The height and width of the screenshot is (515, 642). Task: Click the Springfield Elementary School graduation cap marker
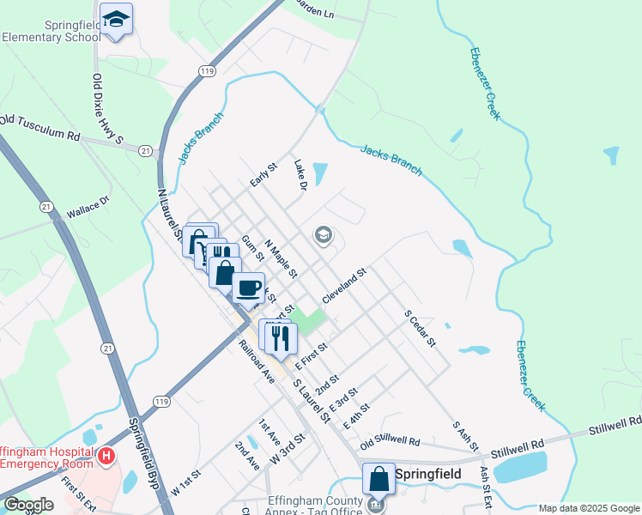116,19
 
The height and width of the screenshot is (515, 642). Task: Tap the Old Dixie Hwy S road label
108,109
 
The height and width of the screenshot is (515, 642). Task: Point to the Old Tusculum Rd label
39,128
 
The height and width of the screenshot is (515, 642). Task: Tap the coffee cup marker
248,288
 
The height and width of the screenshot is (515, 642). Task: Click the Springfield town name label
428,474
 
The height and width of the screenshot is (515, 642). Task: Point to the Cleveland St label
345,285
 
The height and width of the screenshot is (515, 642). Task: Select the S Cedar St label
421,329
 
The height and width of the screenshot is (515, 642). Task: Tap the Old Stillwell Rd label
390,442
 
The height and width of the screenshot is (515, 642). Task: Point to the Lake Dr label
300,175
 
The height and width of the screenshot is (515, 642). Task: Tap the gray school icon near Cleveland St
324,235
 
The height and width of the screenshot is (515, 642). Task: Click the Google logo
28,505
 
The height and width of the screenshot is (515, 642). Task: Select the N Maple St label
281,258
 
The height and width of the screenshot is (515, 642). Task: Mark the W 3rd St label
288,450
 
